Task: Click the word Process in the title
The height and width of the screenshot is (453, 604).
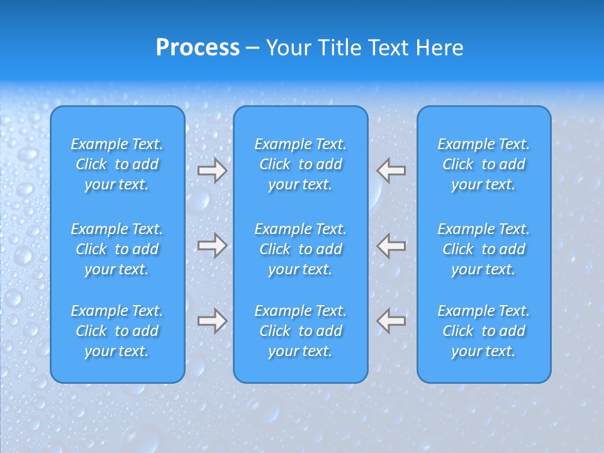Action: [x=198, y=48]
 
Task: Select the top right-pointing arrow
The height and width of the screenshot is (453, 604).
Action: [x=212, y=171]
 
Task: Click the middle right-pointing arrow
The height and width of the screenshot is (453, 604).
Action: [x=212, y=245]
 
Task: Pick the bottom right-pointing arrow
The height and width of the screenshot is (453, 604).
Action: [x=212, y=320]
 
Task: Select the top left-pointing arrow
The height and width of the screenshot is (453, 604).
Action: [x=391, y=171]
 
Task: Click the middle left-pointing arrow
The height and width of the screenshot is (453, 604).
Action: [x=391, y=245]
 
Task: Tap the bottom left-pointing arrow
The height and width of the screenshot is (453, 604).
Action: [x=391, y=320]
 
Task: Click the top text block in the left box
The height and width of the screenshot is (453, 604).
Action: [x=117, y=164]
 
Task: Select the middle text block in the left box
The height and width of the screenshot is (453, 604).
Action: [x=117, y=249]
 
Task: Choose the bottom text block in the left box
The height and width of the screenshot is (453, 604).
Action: [x=117, y=331]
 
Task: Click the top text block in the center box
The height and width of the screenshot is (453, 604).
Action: [x=300, y=164]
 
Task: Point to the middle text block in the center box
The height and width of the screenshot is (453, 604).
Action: [x=300, y=249]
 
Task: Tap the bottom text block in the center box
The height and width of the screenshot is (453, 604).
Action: [x=300, y=331]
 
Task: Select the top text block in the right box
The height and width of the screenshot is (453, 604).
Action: [x=483, y=164]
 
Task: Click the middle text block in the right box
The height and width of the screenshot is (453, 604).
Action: [x=483, y=249]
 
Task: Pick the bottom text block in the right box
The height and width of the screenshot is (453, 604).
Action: [x=483, y=331]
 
